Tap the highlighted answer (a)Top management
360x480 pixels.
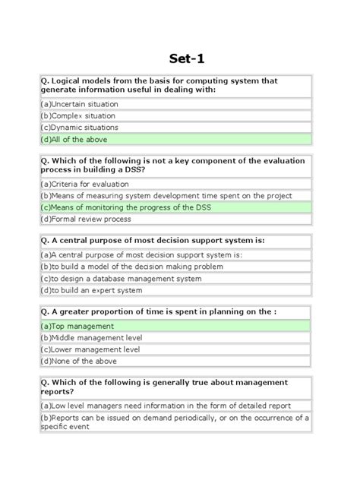pyautogui.click(x=77, y=326)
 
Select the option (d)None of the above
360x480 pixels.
pyautogui.click(x=78, y=362)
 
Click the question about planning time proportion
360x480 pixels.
pyautogui.click(x=158, y=310)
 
